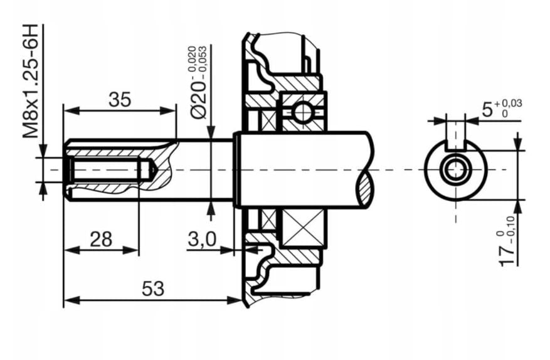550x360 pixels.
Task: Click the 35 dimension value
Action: pyautogui.click(x=120, y=99)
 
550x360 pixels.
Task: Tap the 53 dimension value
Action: pyautogui.click(x=152, y=289)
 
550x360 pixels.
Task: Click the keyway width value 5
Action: pyautogui.click(x=487, y=109)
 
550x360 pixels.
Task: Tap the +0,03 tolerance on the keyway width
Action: pyautogui.click(x=509, y=103)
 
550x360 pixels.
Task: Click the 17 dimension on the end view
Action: pyautogui.click(x=509, y=253)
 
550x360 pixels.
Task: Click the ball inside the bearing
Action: pyautogui.click(x=302, y=112)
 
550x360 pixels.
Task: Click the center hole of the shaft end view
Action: pyautogui.click(x=455, y=169)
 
